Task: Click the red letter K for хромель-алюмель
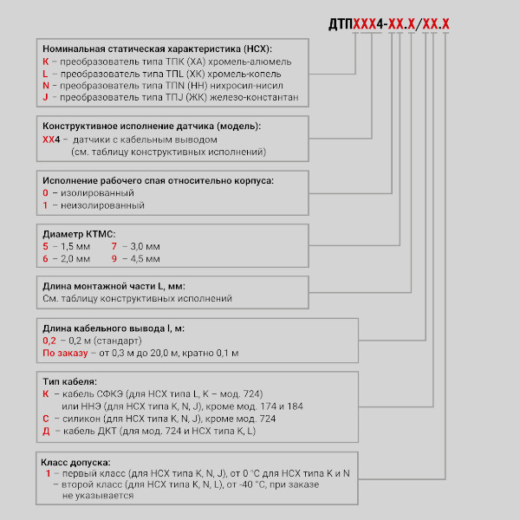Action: (45, 62)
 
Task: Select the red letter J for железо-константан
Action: (44, 98)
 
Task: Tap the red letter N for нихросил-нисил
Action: (45, 86)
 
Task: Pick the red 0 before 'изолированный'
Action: (45, 192)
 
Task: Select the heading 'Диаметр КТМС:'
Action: (79, 234)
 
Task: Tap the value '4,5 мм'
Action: (142, 258)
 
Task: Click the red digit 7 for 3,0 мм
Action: (114, 246)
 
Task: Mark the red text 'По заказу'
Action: (66, 353)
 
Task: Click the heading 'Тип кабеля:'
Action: (69, 381)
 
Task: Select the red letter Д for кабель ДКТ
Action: (46, 430)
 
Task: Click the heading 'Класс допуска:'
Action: (77, 461)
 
